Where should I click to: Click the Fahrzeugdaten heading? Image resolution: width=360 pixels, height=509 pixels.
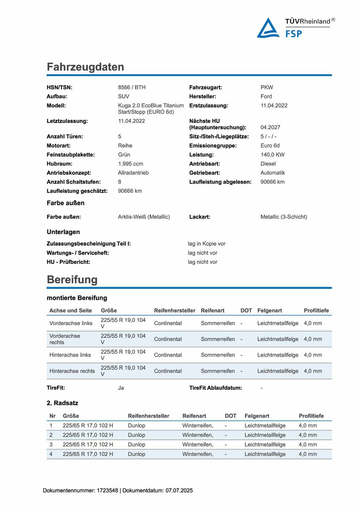85,67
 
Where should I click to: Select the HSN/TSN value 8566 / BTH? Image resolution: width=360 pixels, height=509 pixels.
132,87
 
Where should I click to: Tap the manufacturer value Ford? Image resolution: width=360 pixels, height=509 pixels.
266,96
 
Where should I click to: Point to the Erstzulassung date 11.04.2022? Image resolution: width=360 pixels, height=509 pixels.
274,106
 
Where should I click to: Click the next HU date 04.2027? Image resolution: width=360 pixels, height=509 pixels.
270,127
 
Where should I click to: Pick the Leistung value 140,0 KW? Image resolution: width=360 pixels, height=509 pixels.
273,155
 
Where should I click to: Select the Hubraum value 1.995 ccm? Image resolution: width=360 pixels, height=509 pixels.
131,164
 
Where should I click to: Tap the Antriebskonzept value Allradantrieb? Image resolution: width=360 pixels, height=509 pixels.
133,173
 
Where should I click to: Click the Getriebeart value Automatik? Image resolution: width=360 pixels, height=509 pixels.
273,173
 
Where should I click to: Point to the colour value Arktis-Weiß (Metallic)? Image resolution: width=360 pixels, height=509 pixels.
144,217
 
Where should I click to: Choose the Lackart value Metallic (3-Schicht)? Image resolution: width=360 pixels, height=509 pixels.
284,217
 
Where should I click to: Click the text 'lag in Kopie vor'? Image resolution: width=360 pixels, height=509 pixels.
207,244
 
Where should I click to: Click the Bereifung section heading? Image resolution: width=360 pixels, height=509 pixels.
72,280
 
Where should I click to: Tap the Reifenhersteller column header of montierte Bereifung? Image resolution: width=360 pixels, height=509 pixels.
174,310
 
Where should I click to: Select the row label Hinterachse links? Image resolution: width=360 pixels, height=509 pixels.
70,355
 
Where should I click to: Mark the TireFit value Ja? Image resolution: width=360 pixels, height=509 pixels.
121,388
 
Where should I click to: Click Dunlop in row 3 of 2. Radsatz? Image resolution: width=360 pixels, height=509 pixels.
136,445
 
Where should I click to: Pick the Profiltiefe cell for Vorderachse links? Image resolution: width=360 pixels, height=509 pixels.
313,323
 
